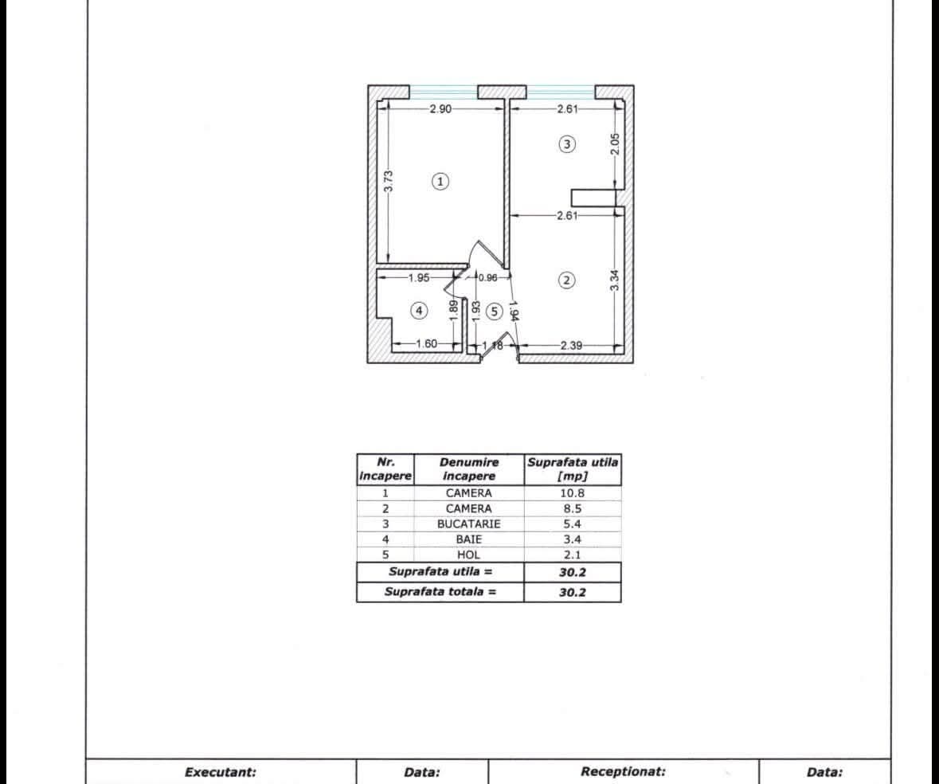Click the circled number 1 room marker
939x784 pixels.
[440, 181]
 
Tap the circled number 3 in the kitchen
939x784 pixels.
[566, 143]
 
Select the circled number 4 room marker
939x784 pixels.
[419, 310]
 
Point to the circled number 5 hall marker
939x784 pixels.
[494, 311]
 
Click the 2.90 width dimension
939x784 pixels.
[440, 109]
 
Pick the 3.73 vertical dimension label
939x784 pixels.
[389, 182]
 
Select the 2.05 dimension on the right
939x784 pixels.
[615, 143]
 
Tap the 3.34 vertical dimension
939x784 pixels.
[615, 280]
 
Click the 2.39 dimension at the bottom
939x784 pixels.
[571, 345]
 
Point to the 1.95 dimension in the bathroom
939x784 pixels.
[419, 278]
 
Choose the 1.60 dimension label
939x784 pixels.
[426, 343]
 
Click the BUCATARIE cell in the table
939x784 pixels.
[468, 524]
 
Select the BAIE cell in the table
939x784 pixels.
[468, 539]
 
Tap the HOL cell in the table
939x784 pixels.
[468, 555]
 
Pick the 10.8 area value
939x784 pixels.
[572, 493]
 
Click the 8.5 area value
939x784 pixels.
[572, 508]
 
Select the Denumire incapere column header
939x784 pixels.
[469, 469]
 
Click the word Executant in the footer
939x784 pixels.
[221, 772]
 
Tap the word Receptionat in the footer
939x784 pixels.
[623, 771]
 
